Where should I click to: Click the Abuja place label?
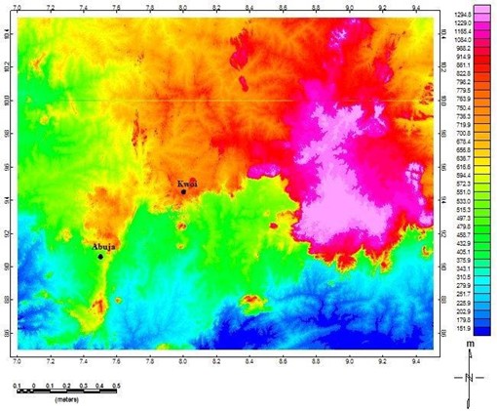[104, 247]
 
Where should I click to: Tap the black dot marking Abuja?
[100, 256]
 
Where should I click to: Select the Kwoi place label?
[187, 183]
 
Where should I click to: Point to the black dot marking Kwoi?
[183, 191]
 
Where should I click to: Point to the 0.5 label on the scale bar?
[117, 387]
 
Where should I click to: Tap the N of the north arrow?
[470, 376]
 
